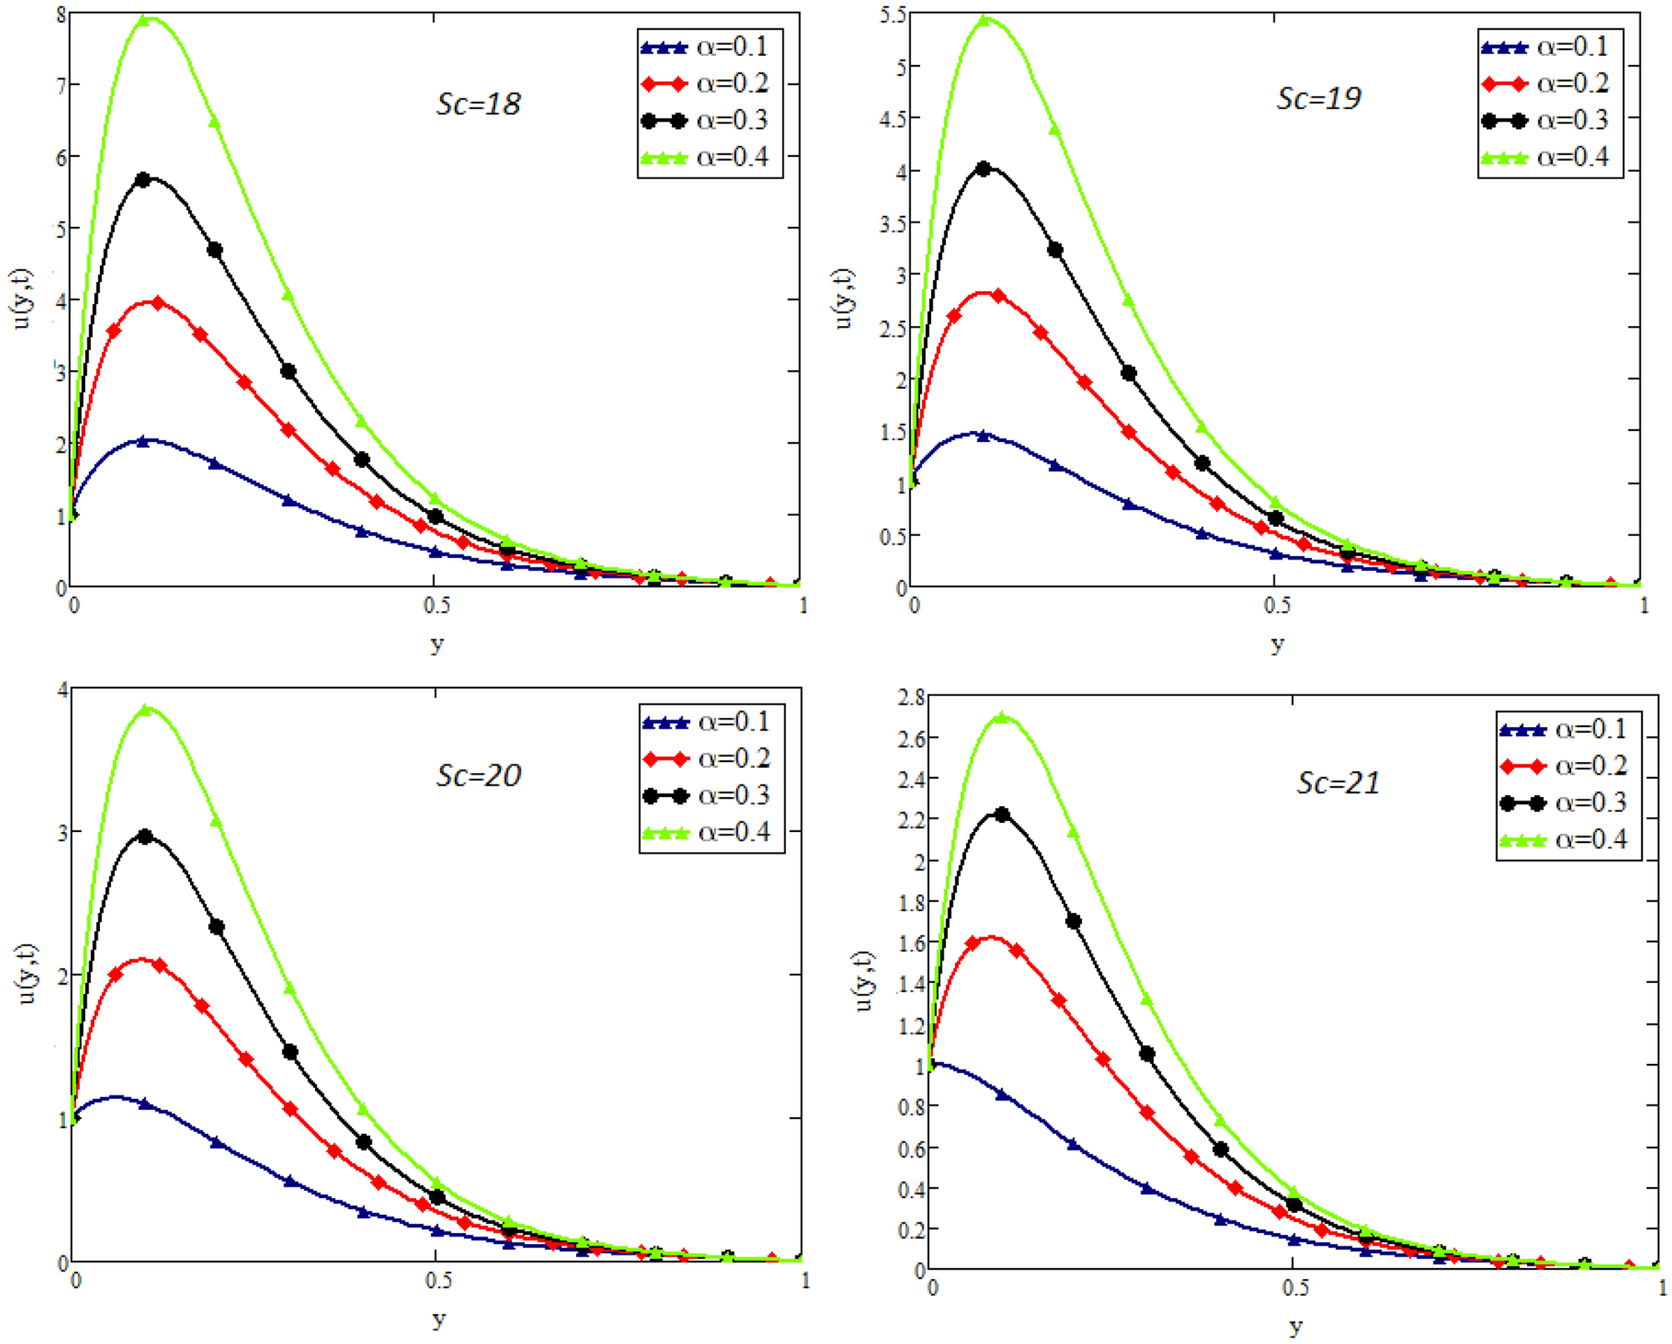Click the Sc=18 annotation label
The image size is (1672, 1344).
tap(478, 104)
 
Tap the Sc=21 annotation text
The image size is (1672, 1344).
tap(1338, 783)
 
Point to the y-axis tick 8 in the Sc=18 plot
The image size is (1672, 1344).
tap(61, 15)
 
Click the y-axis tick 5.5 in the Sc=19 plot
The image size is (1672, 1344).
tap(893, 15)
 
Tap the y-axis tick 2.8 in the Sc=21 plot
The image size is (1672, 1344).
tap(911, 697)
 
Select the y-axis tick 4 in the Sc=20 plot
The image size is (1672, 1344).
tap(63, 690)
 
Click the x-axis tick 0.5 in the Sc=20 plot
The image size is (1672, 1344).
tap(438, 1281)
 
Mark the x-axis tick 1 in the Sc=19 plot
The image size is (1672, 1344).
tap(1644, 605)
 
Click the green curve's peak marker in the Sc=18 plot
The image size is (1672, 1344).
tap(143, 19)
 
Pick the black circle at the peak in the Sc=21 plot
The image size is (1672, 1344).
tap(1002, 815)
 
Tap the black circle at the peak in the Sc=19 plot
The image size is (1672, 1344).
tap(984, 169)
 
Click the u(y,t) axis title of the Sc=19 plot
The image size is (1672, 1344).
tap(844, 298)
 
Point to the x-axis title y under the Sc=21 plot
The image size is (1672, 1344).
tap(1294, 1326)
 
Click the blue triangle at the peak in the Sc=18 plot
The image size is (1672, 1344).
tap(143, 441)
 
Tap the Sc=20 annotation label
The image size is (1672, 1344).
tap(478, 776)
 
